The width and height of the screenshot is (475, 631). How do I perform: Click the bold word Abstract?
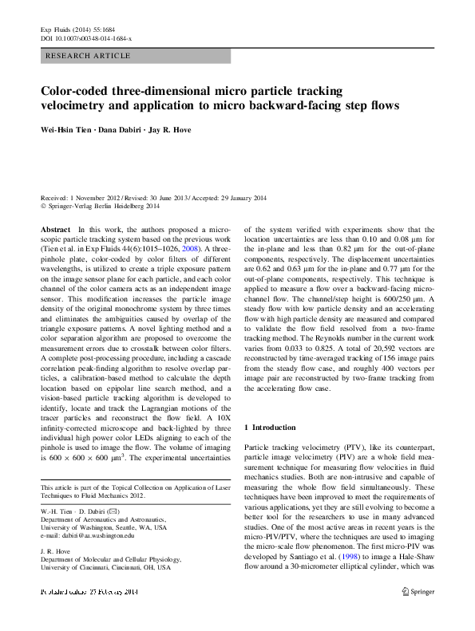coord(55,229)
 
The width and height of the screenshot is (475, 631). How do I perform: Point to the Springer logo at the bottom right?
coord(418,614)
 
